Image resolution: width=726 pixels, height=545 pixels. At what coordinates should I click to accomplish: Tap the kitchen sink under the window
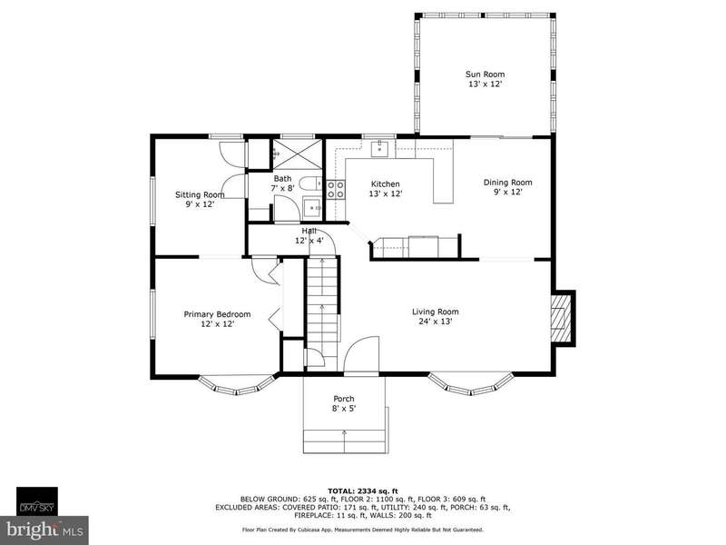(x=380, y=148)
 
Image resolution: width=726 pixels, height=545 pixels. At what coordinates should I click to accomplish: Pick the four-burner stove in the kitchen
(x=336, y=190)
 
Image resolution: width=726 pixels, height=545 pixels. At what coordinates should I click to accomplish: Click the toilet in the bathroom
(x=310, y=184)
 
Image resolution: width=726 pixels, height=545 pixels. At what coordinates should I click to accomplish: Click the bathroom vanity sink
(x=312, y=208)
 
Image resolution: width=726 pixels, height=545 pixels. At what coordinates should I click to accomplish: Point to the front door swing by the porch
(x=361, y=353)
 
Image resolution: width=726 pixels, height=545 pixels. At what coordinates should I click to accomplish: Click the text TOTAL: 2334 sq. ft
(x=362, y=490)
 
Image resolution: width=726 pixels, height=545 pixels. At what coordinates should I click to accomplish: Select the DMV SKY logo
(x=37, y=501)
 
